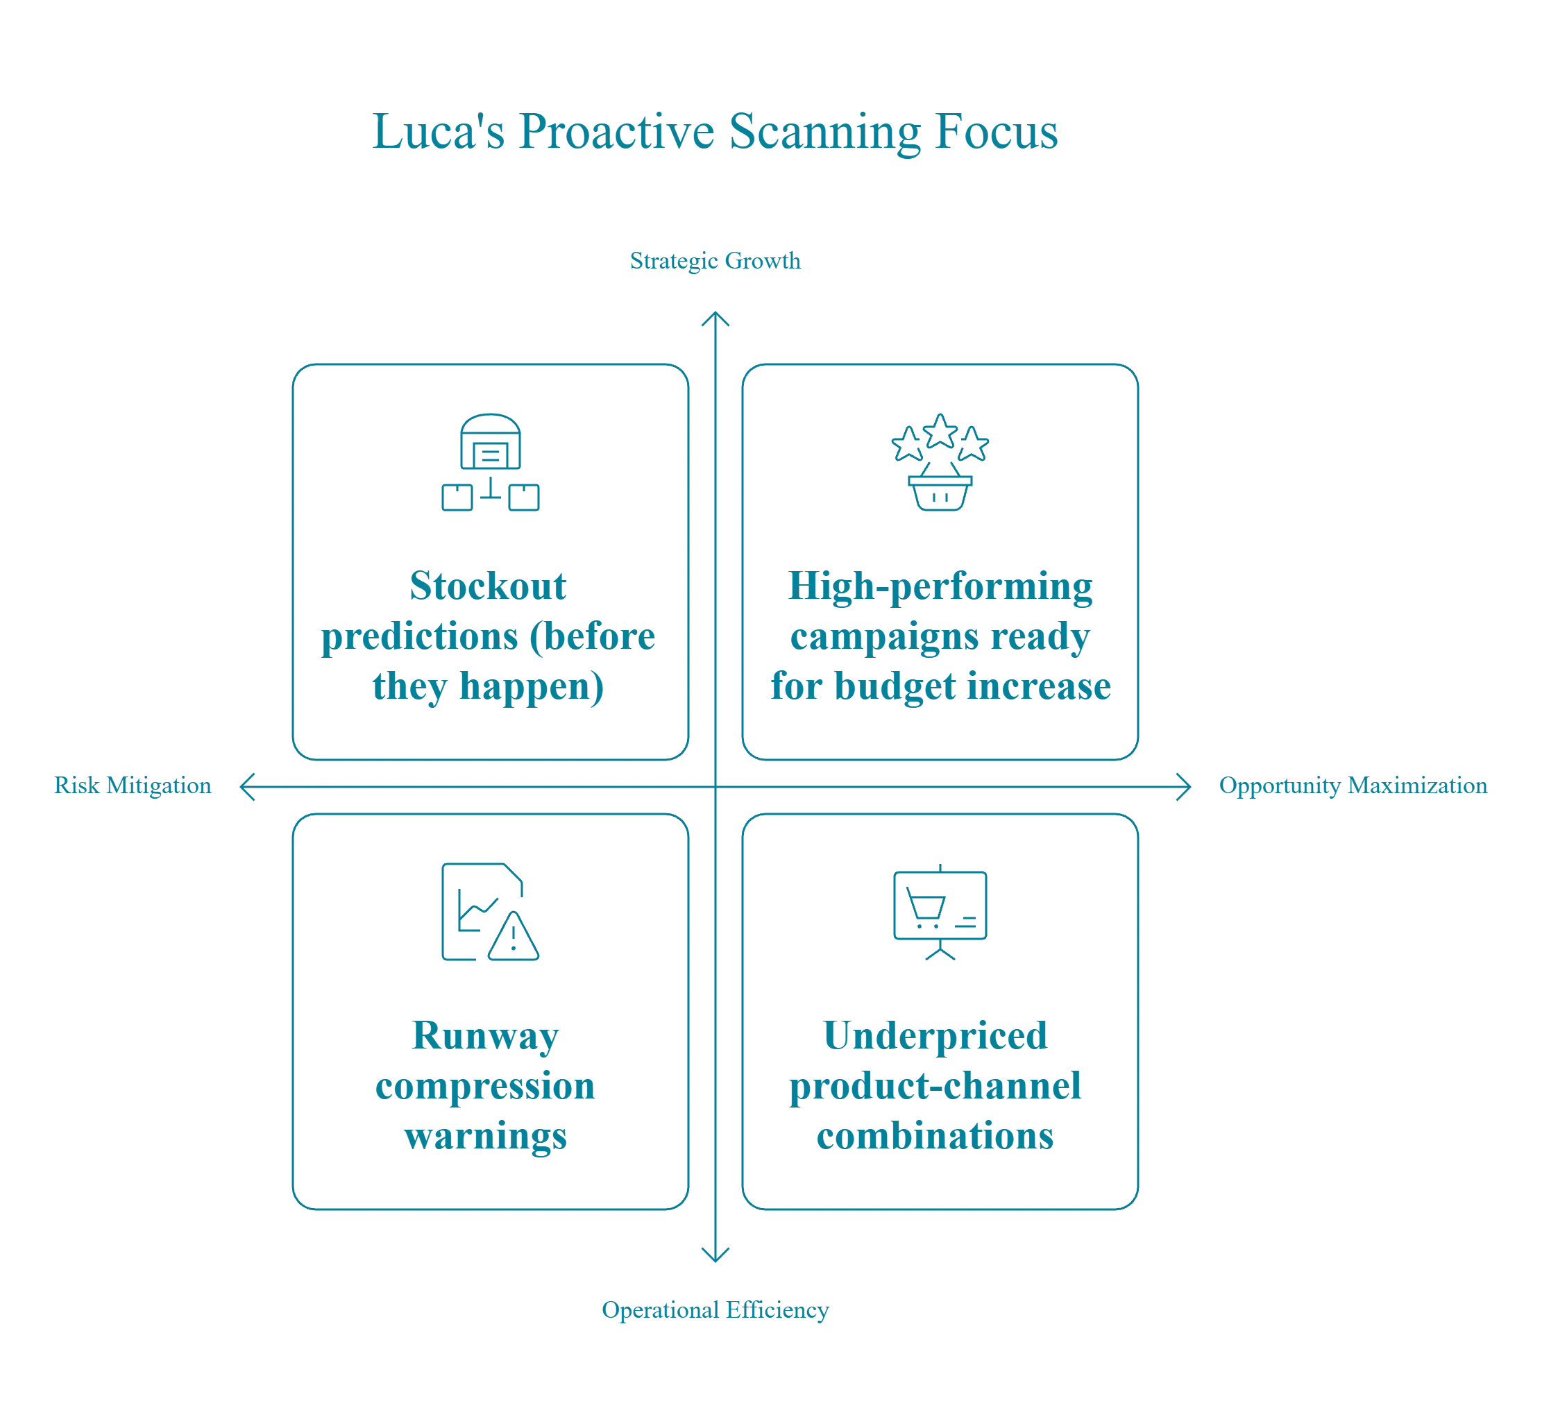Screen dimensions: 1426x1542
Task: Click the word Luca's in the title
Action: click(438, 131)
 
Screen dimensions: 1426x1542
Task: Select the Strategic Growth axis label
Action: click(715, 262)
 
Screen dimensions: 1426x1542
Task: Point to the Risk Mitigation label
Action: click(132, 786)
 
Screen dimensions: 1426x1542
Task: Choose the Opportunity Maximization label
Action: click(1354, 786)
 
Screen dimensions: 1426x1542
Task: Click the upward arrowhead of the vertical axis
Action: click(715, 317)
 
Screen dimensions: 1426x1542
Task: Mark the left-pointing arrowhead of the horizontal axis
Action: click(246, 786)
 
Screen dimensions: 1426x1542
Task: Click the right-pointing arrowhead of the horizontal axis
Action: click(1185, 786)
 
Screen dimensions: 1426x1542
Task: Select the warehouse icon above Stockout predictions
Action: click(490, 462)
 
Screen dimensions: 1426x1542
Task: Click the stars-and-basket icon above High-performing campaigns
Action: click(940, 462)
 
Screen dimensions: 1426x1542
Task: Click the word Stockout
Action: click(489, 586)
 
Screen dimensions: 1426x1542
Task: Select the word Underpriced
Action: click(935, 1035)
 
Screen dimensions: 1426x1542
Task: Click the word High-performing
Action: click(938, 586)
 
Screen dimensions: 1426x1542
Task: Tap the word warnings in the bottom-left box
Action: click(487, 1136)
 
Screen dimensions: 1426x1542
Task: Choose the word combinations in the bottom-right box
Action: click(935, 1136)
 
